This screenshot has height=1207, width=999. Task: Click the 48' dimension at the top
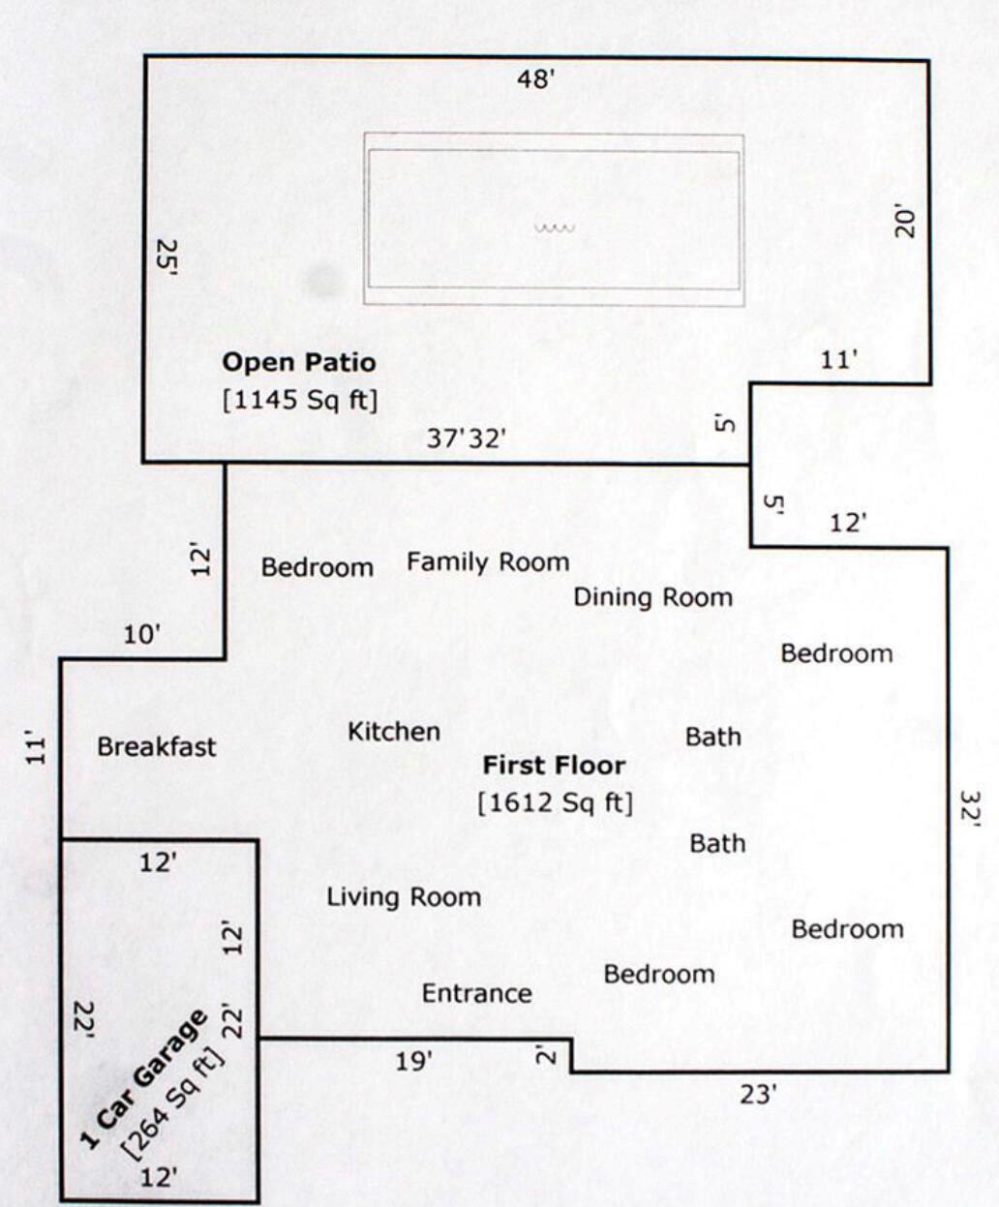click(x=534, y=79)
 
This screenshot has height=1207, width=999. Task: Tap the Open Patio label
click(x=299, y=363)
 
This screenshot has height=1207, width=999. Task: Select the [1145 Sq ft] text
click(x=299, y=400)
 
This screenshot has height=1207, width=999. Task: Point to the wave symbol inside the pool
click(x=555, y=229)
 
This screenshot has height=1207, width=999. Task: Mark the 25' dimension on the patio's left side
click(x=166, y=258)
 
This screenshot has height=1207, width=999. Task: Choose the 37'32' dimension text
click(x=468, y=439)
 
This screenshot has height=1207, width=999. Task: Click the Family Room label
click(x=488, y=562)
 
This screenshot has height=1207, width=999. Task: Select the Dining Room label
click(x=652, y=597)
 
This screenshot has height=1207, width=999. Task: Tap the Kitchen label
click(x=394, y=732)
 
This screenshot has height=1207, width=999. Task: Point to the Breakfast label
click(x=157, y=747)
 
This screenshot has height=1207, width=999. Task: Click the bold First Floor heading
click(x=554, y=766)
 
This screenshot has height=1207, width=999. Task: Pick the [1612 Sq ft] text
click(x=555, y=802)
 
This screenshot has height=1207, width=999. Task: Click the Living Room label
click(x=403, y=897)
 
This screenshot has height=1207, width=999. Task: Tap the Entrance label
click(x=476, y=994)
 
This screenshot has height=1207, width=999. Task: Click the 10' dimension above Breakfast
click(x=142, y=635)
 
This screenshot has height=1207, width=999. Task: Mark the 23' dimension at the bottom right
click(x=758, y=1095)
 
